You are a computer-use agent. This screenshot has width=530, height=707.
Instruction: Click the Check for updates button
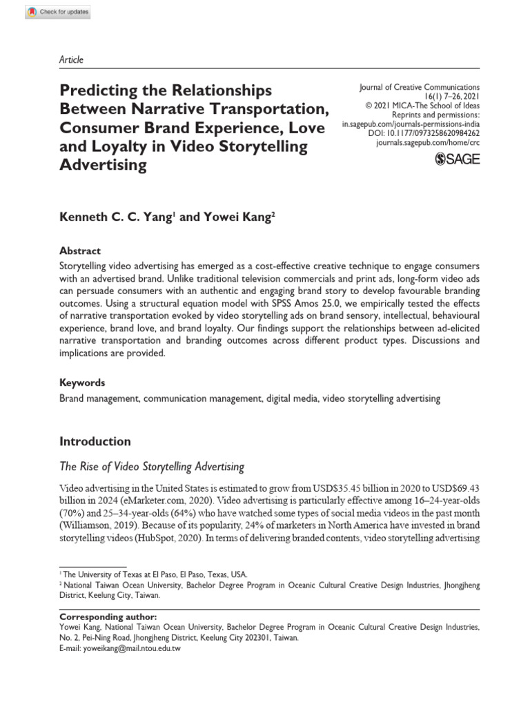[x=57, y=12]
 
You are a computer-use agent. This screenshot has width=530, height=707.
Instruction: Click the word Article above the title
[x=72, y=59]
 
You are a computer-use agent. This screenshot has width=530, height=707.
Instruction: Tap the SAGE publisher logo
[x=458, y=159]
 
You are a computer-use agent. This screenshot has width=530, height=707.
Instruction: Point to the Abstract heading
[x=79, y=251]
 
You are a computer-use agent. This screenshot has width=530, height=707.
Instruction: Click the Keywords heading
[x=82, y=382]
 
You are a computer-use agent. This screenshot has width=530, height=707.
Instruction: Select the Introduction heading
[x=95, y=441]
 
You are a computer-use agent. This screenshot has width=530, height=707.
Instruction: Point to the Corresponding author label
[x=108, y=617]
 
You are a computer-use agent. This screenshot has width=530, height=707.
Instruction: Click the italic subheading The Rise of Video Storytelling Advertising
[x=152, y=467]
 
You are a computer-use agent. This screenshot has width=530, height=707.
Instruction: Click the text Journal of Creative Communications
[x=420, y=88]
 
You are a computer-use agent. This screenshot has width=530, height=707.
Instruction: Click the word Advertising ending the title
[x=104, y=165]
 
